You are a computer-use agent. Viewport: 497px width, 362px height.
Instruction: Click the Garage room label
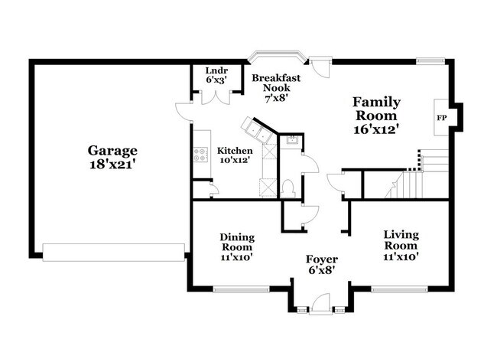[x=112, y=151]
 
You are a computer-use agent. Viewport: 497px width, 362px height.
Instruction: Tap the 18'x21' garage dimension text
[x=112, y=164]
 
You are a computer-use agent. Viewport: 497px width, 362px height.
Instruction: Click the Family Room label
[x=376, y=108]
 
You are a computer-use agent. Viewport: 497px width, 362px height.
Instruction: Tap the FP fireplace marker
[x=440, y=118]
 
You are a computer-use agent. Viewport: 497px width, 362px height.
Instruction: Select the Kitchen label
[x=234, y=151]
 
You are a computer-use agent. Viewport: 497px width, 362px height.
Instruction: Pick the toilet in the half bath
[x=287, y=188]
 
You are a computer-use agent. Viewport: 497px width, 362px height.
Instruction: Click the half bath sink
[x=291, y=140]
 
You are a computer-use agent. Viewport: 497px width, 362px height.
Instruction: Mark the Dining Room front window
[x=238, y=289]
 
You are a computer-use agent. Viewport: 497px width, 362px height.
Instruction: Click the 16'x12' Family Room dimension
[x=376, y=129]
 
